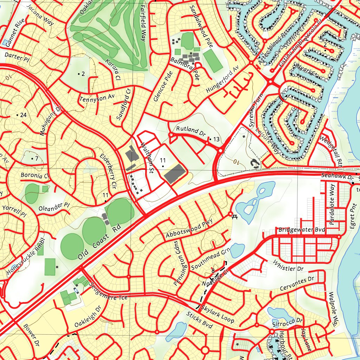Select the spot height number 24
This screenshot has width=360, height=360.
tap(24, 115)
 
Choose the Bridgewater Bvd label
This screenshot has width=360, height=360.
tap(302, 230)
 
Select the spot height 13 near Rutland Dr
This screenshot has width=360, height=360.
tap(216, 140)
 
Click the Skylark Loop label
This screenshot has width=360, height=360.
tap(218, 314)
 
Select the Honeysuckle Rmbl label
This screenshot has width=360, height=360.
tap(26, 257)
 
